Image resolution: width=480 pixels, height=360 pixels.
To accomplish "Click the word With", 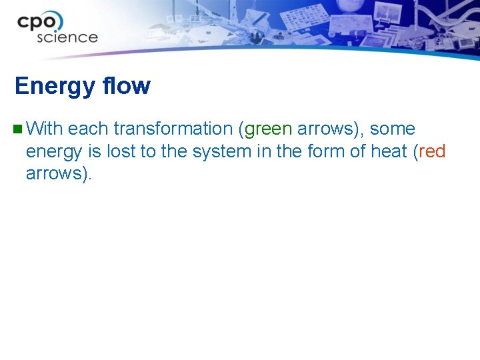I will tap(45, 129).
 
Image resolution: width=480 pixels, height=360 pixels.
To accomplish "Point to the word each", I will tap(88, 129).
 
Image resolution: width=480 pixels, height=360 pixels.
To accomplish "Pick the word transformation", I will tap(173, 129).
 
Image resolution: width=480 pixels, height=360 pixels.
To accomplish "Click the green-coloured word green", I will tap(269, 129).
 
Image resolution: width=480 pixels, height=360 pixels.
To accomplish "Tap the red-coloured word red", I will tap(432, 151).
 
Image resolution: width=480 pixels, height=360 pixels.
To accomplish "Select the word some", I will tap(392, 129).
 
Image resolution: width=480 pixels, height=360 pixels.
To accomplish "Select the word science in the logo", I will tap(67, 37).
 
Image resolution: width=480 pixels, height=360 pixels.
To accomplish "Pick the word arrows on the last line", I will tap(56, 175).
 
